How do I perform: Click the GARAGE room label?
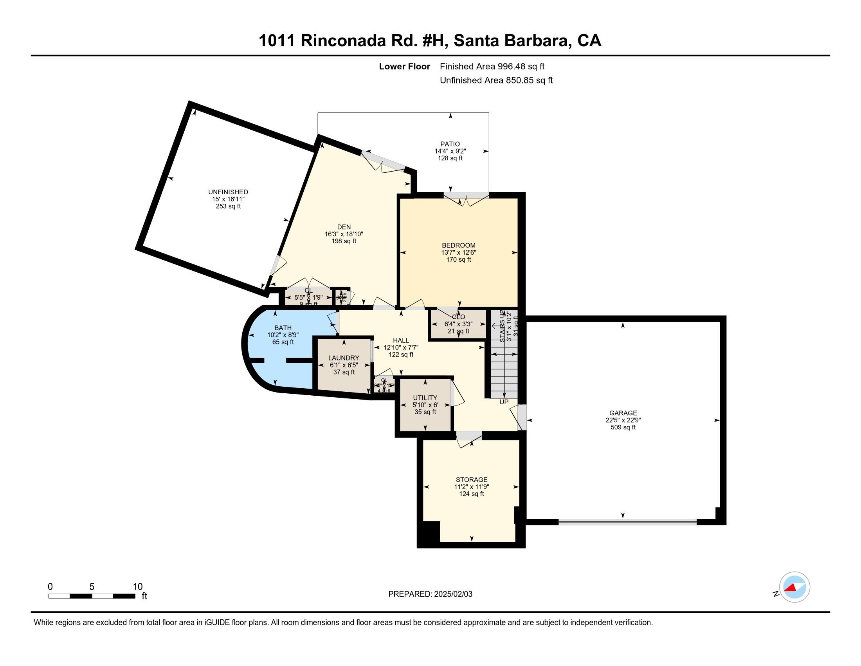pyautogui.click(x=623, y=413)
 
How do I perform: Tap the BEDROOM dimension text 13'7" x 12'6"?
pyautogui.click(x=459, y=253)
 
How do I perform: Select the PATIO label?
pyautogui.click(x=450, y=144)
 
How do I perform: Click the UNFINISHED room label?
pyautogui.click(x=228, y=192)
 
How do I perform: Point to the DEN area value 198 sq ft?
pyautogui.click(x=344, y=241)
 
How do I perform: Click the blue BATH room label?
pyautogui.click(x=283, y=328)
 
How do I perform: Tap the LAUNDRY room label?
pyautogui.click(x=344, y=358)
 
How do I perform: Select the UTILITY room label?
pyautogui.click(x=425, y=398)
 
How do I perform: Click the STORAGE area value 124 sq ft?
pyautogui.click(x=472, y=494)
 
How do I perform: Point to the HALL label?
pyautogui.click(x=400, y=340)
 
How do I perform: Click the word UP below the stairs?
pyautogui.click(x=504, y=402)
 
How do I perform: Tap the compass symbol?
pyautogui.click(x=794, y=587)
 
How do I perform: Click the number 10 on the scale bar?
pyautogui.click(x=137, y=587)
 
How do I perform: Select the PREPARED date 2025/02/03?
pyautogui.click(x=452, y=594)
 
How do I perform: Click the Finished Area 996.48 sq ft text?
pyautogui.click(x=492, y=67)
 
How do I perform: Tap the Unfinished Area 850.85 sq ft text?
pyautogui.click(x=496, y=80)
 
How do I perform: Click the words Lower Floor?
pyautogui.click(x=404, y=67)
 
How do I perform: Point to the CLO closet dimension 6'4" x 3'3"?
pyautogui.click(x=459, y=324)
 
